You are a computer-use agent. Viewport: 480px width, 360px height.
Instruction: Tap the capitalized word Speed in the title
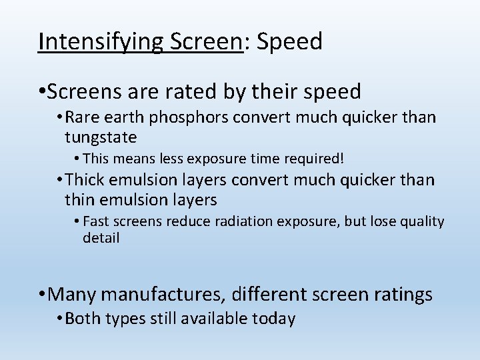tap(289, 41)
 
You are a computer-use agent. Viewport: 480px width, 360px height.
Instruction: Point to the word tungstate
tap(101, 137)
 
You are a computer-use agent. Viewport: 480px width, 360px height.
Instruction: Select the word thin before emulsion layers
tap(81, 199)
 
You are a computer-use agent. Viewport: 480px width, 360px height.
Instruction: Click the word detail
tap(101, 238)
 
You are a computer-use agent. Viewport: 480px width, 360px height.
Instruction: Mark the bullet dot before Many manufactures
tap(42, 294)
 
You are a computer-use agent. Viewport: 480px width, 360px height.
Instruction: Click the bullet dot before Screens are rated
tap(42, 91)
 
